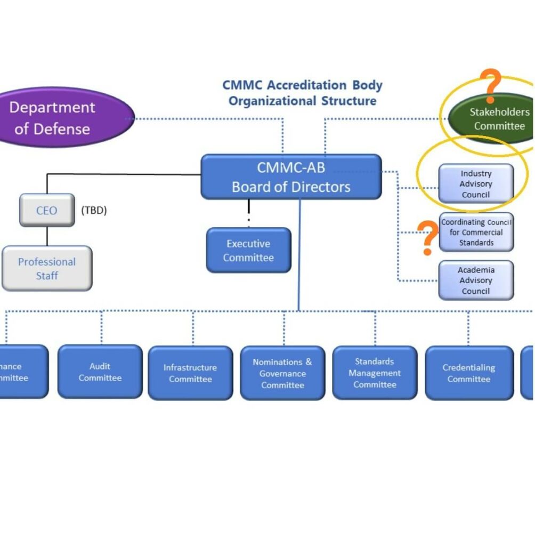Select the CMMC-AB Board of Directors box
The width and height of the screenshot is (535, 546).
(x=291, y=177)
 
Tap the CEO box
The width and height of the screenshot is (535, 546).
(x=47, y=210)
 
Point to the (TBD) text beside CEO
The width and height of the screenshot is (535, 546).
(x=94, y=210)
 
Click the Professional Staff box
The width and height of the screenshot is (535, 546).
(x=47, y=269)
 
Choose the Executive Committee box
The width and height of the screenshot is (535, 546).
(x=248, y=251)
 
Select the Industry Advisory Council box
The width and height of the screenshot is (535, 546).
(x=476, y=184)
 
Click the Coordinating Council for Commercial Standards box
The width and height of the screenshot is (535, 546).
(x=476, y=232)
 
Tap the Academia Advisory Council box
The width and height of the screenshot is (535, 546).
(x=476, y=280)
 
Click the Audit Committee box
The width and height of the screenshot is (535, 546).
(x=100, y=372)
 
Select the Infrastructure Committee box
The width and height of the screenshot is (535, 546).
(x=190, y=373)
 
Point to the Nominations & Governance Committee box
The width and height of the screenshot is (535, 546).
(x=282, y=373)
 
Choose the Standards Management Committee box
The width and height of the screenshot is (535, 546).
(x=375, y=373)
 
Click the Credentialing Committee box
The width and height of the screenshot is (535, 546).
(x=469, y=373)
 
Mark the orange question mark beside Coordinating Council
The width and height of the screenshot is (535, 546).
(x=427, y=237)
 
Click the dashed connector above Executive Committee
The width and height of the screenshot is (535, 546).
(x=249, y=213)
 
